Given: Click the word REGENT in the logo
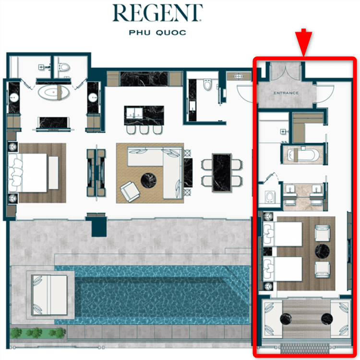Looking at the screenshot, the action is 157,13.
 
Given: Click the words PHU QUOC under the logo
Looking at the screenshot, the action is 157,33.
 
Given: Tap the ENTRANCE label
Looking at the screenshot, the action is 286,93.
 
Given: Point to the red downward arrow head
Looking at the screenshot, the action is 303,44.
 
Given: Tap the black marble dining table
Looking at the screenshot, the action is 222,173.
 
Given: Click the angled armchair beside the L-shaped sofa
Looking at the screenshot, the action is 130,191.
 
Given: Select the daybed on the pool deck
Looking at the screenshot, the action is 50,295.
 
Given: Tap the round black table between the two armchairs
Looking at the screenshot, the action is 322,251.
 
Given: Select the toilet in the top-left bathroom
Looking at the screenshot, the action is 64,67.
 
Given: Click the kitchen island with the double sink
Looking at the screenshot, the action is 144,115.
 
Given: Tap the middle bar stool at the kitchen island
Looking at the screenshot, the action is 144,129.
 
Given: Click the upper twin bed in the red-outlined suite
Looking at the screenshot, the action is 282,234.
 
